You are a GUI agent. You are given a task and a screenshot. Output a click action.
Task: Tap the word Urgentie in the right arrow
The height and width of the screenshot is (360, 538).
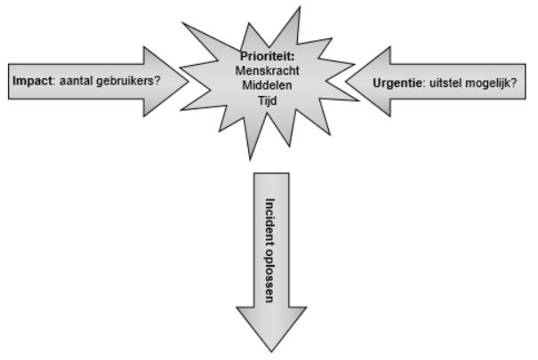(396, 81)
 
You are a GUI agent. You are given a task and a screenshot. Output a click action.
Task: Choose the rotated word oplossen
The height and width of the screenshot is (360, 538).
(269, 267)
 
